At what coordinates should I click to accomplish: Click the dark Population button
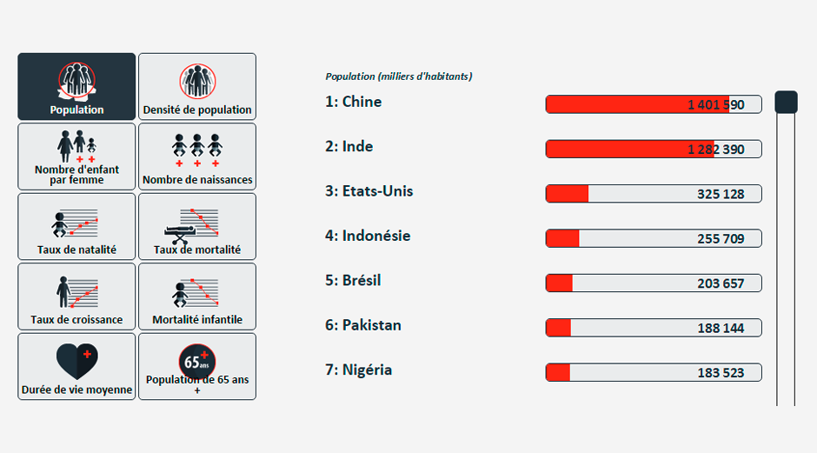click(76, 87)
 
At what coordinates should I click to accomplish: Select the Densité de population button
click(197, 87)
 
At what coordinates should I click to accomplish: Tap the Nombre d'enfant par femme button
click(76, 157)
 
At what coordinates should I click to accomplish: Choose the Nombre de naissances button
click(197, 157)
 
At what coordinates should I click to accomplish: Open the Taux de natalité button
click(76, 226)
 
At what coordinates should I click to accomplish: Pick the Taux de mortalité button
click(197, 226)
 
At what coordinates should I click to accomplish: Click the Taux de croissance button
click(76, 296)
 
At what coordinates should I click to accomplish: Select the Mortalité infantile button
click(197, 296)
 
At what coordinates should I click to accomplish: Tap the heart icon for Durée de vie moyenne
click(76, 361)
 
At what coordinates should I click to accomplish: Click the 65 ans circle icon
click(197, 361)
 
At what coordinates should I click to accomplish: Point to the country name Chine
click(362, 102)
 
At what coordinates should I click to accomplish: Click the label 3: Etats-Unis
click(369, 191)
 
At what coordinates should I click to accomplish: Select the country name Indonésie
click(376, 236)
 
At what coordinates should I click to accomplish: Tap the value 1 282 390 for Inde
click(716, 150)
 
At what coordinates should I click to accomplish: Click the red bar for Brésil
click(559, 283)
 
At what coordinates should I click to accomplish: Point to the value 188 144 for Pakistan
click(721, 329)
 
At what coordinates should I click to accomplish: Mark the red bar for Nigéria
click(558, 373)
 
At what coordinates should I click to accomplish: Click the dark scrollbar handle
click(786, 103)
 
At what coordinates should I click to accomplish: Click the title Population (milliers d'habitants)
click(399, 77)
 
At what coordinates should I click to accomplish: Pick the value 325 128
click(721, 195)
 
